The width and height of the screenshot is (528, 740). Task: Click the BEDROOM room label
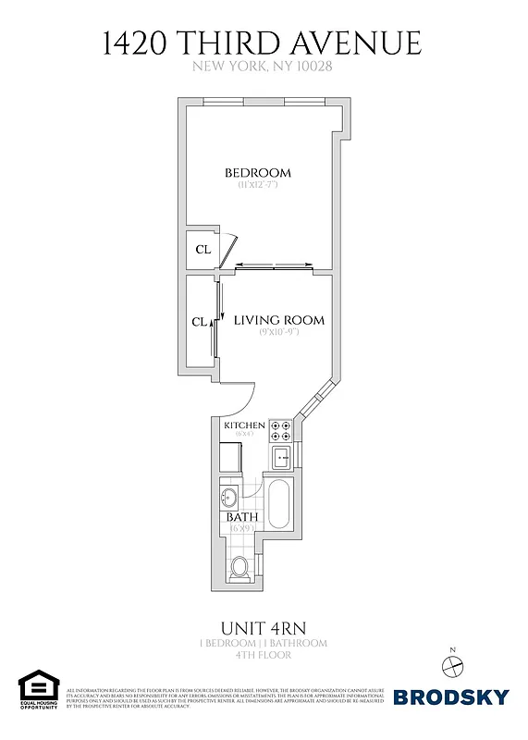coord(258,172)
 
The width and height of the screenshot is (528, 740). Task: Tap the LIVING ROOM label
coord(278,320)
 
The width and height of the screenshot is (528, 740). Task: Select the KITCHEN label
coord(244,425)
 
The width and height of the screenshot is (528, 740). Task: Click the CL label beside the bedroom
coord(202,249)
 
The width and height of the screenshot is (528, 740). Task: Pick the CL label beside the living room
coord(199,322)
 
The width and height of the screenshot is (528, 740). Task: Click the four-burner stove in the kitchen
coord(282,431)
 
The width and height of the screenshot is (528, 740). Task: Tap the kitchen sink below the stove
coord(282,455)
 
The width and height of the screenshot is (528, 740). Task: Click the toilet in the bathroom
coord(240,565)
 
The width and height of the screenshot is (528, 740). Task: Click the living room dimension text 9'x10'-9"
coord(278,334)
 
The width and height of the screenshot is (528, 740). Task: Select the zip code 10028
coord(312,66)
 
